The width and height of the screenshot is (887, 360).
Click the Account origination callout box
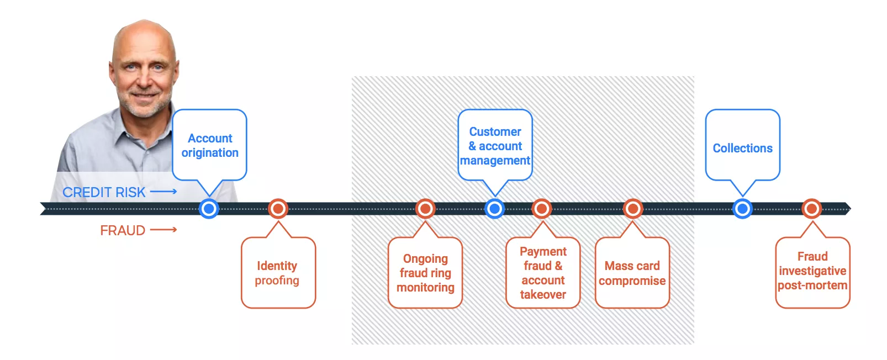[209, 145]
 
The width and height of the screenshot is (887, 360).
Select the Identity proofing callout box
[278, 273]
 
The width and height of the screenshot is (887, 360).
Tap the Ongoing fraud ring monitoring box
[425, 273]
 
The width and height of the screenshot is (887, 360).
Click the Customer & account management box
[495, 146]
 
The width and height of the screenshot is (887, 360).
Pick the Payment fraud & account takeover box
[543, 273]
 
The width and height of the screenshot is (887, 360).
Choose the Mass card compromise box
[632, 273]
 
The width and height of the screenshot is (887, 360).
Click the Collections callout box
[742, 146]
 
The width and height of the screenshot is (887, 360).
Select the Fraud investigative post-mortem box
[812, 273]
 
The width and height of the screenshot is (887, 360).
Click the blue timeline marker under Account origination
[209, 209]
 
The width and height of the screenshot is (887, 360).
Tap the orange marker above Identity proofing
[278, 209]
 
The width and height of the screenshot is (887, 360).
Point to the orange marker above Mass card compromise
[632, 209]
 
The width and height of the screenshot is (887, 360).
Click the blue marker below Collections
[742, 209]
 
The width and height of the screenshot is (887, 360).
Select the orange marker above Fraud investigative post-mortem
[811, 209]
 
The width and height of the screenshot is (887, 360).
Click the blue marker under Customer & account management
[494, 209]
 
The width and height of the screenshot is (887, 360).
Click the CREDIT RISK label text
[104, 192]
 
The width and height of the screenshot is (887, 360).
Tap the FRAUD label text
[123, 230]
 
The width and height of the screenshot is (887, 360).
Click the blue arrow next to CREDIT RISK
[163, 192]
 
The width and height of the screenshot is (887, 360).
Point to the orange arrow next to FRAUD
[163, 230]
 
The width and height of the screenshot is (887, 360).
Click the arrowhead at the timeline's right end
[847, 209]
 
